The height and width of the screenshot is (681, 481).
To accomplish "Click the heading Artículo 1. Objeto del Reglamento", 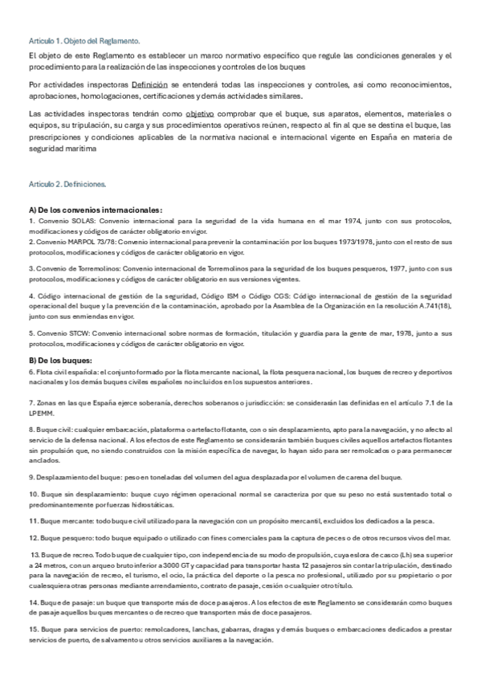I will [x=84, y=40].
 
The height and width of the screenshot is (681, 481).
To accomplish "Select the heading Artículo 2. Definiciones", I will [x=67, y=185].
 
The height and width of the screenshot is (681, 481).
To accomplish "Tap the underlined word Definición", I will [x=149, y=84].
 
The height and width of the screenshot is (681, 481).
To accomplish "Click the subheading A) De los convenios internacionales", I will [x=96, y=210].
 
